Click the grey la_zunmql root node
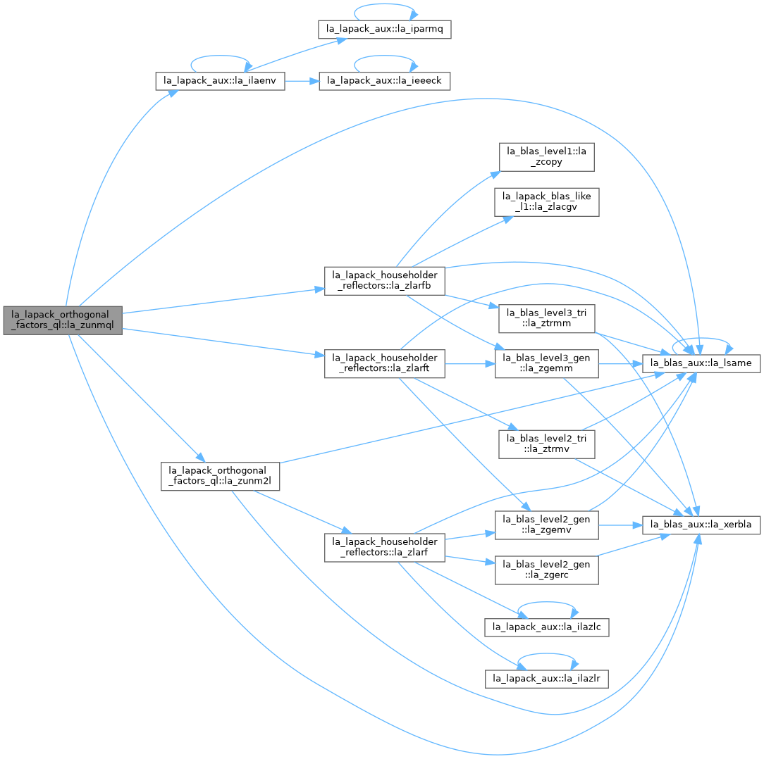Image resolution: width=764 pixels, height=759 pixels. coord(63,320)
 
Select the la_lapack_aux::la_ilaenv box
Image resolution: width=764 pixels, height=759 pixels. coord(220,81)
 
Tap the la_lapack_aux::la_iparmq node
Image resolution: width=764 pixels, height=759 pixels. coord(384,29)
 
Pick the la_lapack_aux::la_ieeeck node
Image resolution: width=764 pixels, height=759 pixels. coord(384,81)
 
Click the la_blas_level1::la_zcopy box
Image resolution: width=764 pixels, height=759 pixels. coord(547,157)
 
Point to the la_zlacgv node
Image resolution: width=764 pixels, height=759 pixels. coord(547,202)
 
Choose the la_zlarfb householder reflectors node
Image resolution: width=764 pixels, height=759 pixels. coord(385,280)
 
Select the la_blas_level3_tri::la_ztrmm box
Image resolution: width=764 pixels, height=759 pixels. coord(547,318)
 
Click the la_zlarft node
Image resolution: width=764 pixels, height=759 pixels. coord(385,363)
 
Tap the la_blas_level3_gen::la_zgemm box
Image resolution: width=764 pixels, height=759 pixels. coord(547,363)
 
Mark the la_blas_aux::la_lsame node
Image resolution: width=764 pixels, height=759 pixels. coord(701,363)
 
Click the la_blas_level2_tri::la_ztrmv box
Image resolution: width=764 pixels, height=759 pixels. coord(547,444)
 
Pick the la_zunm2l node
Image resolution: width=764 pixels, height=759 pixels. coord(220,476)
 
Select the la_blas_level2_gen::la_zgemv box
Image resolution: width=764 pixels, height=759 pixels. coord(547,525)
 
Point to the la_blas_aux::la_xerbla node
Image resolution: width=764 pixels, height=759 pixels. coord(701,525)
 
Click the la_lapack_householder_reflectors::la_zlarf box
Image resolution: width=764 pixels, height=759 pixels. coord(385,547)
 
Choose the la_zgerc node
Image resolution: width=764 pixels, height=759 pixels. coord(547,570)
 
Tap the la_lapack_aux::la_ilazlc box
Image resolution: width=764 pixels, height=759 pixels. coord(547,627)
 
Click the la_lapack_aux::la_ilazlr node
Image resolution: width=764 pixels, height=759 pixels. coord(547,679)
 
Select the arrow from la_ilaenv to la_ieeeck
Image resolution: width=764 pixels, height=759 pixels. coord(302,81)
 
